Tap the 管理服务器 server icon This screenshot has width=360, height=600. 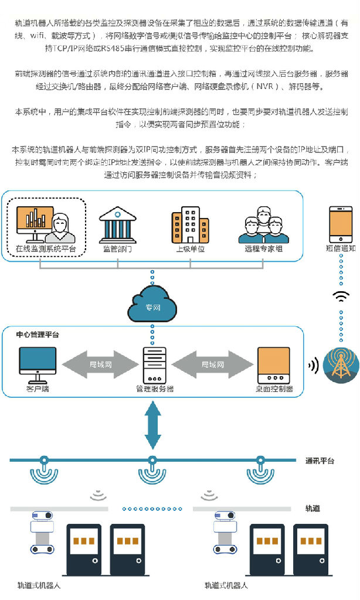[x=154, y=365]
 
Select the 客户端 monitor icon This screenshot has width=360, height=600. [x=38, y=365]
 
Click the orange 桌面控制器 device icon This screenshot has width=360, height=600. [x=274, y=365]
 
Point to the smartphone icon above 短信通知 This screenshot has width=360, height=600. [x=341, y=224]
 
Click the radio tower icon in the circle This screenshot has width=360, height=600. [x=341, y=365]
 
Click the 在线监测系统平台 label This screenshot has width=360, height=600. [x=46, y=248]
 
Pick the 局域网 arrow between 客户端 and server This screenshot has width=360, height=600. [x=100, y=364]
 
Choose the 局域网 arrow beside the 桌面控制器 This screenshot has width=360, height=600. [x=213, y=364]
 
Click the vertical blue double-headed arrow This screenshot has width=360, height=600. [x=153, y=425]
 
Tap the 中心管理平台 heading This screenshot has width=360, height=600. [x=38, y=335]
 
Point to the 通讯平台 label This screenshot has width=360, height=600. [x=320, y=461]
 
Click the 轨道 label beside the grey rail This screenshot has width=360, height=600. [x=313, y=509]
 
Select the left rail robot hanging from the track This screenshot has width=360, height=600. [x=43, y=532]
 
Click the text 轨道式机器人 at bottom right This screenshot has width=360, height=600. [x=226, y=585]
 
